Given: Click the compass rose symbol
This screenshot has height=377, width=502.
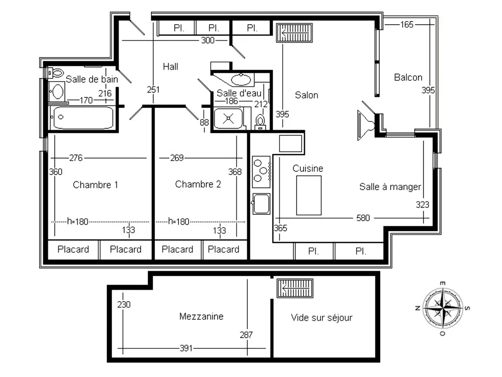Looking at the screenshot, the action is [443, 308].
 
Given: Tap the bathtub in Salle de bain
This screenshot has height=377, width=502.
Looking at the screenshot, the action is [83, 117].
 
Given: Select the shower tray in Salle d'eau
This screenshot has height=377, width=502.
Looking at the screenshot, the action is [228, 118].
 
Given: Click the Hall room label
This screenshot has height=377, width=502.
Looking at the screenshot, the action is [170, 67].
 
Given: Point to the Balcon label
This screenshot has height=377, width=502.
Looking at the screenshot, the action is [408, 77].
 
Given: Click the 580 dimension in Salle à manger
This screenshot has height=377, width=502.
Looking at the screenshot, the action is [363, 218].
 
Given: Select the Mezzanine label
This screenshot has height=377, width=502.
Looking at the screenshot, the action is [201, 316].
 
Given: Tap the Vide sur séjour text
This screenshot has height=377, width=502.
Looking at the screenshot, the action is [321, 318].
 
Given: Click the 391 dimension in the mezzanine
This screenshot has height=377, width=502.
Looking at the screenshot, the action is [186, 348].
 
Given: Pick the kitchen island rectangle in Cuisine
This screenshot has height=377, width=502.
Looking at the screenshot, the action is [309, 195].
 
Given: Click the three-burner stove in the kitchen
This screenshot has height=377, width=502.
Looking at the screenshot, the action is [261, 172].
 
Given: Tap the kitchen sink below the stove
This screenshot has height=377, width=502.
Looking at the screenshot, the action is [261, 203].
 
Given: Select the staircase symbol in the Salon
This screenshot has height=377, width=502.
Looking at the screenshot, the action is [294, 33].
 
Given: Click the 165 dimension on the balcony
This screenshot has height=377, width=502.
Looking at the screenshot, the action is [407, 24].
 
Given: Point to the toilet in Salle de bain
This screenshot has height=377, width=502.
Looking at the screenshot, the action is [55, 73].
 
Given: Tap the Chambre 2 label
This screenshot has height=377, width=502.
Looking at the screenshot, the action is [198, 184].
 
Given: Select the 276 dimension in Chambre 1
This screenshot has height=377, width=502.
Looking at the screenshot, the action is [76, 158].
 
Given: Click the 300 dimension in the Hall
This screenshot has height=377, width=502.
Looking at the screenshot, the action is [208, 40].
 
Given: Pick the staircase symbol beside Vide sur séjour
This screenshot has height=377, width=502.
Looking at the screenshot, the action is [295, 288].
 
